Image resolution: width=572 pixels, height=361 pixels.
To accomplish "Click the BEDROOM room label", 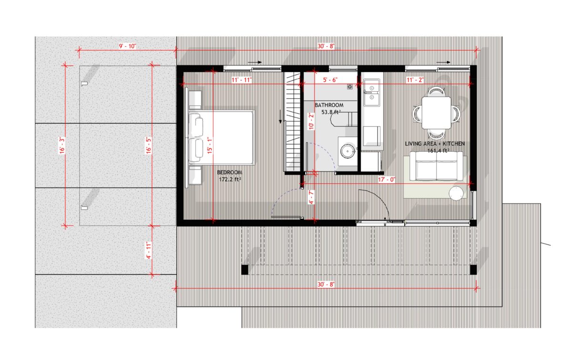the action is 230,172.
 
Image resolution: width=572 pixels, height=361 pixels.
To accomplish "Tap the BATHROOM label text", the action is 329,105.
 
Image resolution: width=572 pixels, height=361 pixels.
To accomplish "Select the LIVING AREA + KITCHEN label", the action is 435,144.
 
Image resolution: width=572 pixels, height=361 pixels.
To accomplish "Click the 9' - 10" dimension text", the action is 127,46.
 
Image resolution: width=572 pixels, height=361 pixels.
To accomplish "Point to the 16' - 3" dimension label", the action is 62,145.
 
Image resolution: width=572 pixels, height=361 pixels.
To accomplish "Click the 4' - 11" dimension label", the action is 149,250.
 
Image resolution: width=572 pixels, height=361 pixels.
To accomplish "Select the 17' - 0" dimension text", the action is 387,180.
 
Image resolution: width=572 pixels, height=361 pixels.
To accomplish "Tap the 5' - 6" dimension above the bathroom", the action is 330,80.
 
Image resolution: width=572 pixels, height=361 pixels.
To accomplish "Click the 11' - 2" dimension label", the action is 415,80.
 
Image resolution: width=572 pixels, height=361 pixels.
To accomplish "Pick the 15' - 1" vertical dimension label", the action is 210,145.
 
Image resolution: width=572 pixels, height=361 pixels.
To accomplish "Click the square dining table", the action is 436,113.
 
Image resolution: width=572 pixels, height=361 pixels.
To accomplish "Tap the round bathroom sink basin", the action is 347,151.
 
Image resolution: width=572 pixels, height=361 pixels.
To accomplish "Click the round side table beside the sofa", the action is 456,193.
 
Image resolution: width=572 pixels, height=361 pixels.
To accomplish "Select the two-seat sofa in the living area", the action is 436,166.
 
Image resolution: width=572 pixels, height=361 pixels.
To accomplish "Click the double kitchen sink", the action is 372,92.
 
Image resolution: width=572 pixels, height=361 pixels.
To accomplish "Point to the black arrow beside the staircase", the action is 280,117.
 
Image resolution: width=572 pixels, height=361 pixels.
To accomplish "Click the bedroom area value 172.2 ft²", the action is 230,180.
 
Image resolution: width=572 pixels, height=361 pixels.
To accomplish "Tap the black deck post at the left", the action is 245,270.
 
